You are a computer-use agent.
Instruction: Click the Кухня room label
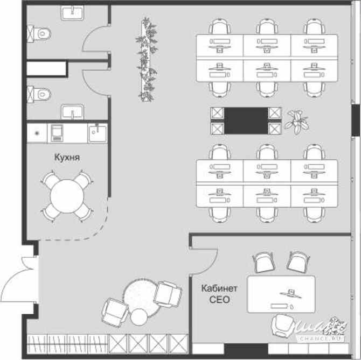point(67,158)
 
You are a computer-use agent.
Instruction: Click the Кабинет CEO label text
point(219,294)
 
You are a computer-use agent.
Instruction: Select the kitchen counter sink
point(97,132)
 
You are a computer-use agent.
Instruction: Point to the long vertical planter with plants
point(146,59)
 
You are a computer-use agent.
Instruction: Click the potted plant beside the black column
point(295,121)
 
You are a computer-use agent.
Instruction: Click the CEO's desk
point(281,294)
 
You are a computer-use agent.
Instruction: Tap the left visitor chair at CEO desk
point(263,263)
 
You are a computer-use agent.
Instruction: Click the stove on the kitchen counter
point(57,132)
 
